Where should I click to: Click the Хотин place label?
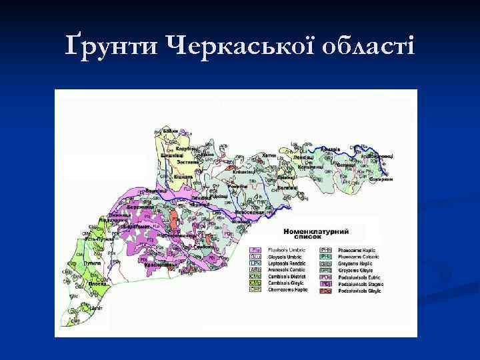pos(269,155)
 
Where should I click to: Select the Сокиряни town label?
pos(379,179)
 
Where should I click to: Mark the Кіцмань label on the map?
pos(184,176)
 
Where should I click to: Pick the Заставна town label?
pos(188,162)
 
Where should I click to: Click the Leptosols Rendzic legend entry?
pos(289,263)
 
